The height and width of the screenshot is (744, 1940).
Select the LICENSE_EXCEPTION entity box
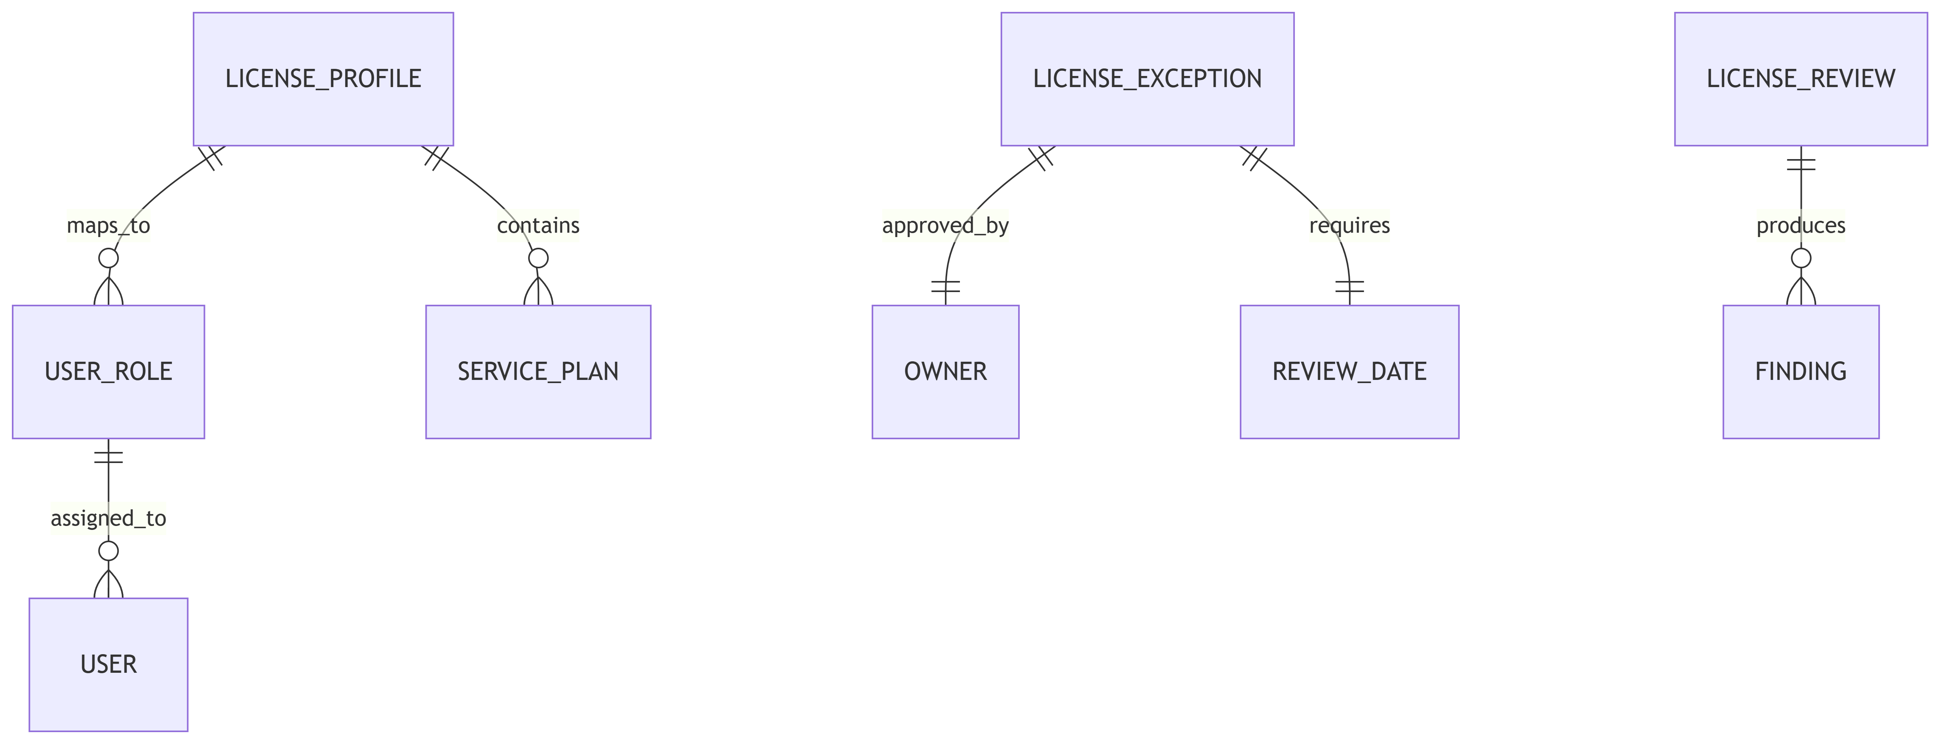[x=1147, y=79]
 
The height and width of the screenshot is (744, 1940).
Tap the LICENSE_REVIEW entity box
[x=1801, y=79]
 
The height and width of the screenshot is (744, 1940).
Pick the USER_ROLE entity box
[x=108, y=372]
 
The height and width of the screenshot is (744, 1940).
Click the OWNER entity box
[x=945, y=372]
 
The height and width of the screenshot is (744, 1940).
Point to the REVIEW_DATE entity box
[x=1349, y=372]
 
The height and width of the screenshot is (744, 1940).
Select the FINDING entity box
[x=1801, y=372]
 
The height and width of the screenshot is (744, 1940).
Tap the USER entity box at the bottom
[x=108, y=665]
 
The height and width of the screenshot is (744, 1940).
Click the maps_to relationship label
[x=108, y=225]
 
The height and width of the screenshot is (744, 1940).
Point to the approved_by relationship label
[x=945, y=225]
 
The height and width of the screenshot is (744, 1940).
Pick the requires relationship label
[x=1349, y=225]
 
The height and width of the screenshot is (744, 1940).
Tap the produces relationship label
[x=1801, y=225]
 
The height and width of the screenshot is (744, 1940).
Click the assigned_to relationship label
[x=108, y=518]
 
